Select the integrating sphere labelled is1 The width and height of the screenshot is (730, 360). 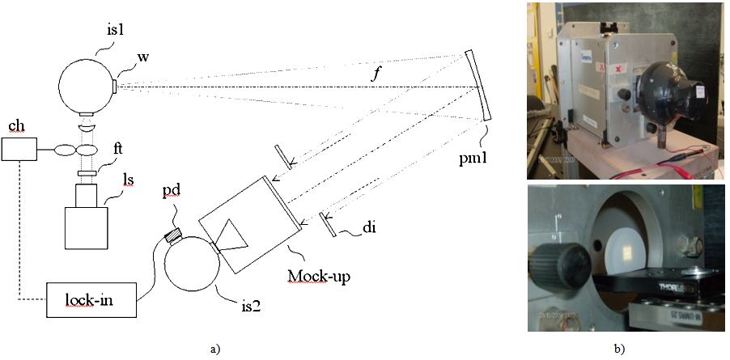pyautogui.click(x=87, y=85)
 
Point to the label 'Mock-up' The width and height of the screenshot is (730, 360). pyautogui.click(x=313, y=274)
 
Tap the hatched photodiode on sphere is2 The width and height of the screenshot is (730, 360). pyautogui.click(x=172, y=235)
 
